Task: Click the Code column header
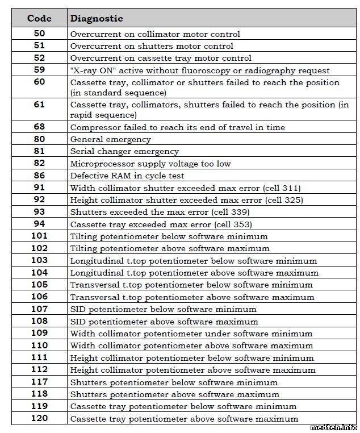39,18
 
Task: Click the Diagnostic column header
96,18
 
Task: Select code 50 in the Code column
39,34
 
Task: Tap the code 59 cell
39,70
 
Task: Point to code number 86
39,176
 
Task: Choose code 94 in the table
39,224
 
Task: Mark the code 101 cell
39,236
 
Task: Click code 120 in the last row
39,418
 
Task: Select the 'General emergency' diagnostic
110,139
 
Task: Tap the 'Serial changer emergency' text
124,152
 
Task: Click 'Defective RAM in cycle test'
127,176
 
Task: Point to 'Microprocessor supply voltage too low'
150,164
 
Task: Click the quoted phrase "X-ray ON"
91,70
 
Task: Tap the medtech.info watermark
334,427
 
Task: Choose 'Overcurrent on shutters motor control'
152,46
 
